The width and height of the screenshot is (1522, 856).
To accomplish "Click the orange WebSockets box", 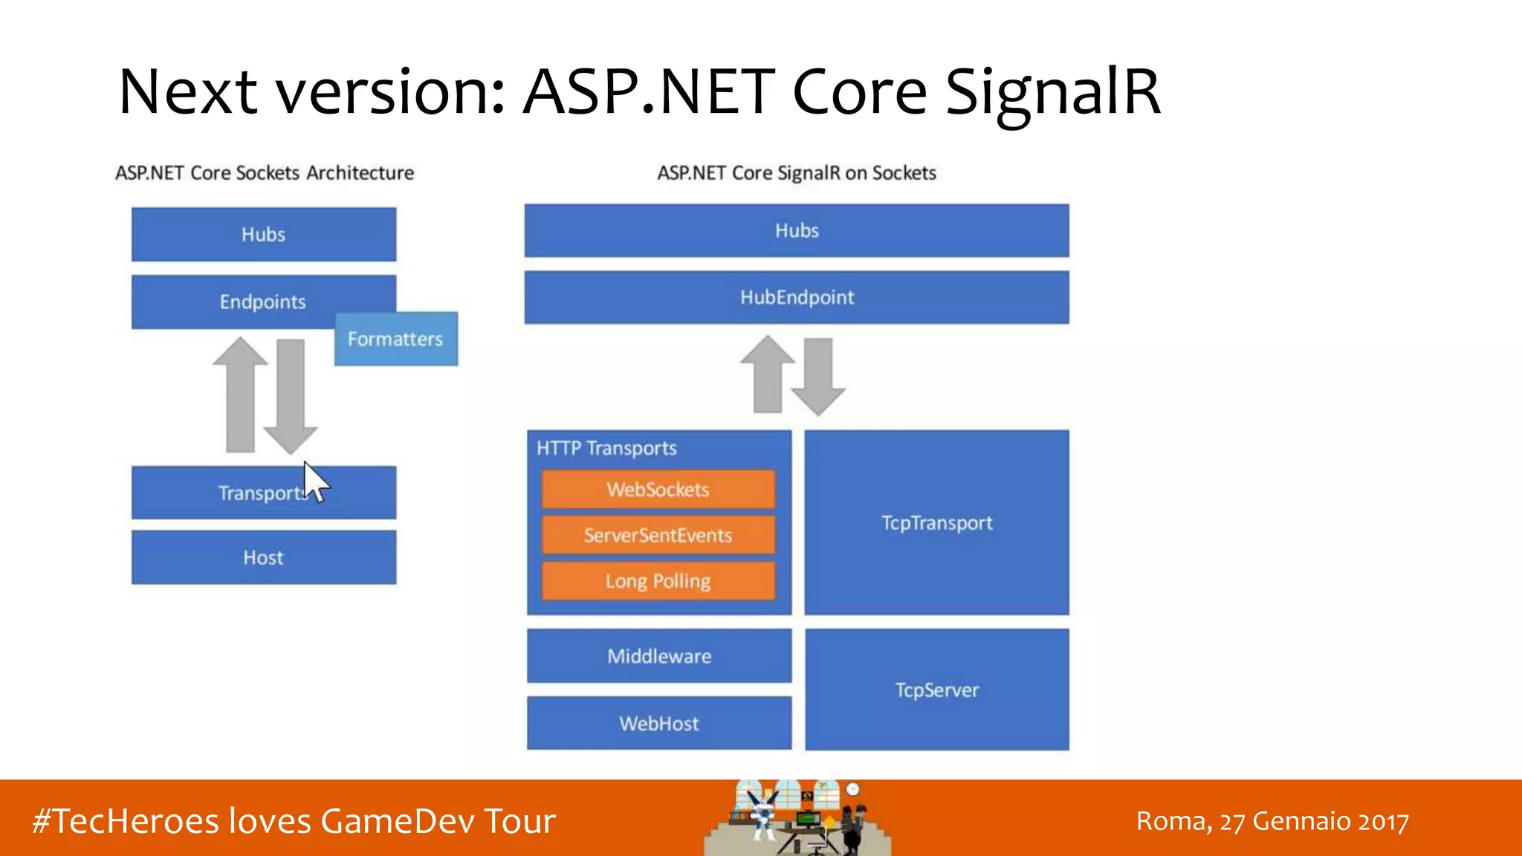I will pos(658,490).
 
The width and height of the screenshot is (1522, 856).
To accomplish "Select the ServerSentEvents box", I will pos(658,535).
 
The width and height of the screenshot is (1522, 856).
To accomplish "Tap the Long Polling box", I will pos(658,580).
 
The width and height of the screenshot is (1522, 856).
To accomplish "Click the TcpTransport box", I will pos(936,522).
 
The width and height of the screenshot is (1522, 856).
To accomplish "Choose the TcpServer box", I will pos(936,690).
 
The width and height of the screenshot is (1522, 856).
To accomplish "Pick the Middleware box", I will pos(659,656).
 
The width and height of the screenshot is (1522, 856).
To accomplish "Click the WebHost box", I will pos(659,723).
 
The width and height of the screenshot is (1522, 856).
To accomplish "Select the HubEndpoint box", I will pos(797,297).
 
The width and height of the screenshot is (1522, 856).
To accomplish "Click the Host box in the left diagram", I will pos(264,557).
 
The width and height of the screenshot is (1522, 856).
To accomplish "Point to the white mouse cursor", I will pos(315,481).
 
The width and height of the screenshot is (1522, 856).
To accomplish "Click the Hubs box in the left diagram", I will pos(264,234).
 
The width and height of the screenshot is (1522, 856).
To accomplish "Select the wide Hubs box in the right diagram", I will pos(797,230).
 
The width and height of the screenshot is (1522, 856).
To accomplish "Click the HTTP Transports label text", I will pos(606,448).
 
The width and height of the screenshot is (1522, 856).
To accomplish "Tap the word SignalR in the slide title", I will pos(1052,92).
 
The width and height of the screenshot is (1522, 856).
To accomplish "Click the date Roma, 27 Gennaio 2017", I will pos(1272,821).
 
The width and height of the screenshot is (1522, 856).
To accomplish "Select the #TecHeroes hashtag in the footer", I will pos(126,821).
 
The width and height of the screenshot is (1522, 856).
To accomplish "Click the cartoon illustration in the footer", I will pos(797,818).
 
